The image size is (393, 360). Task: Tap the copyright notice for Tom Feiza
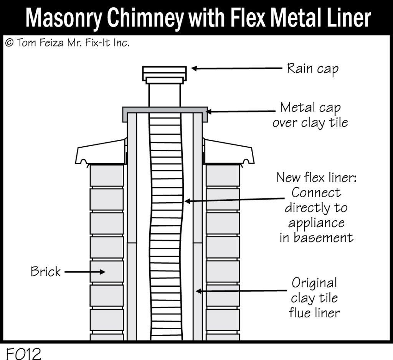[x=67, y=43]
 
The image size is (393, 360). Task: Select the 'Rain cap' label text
[x=313, y=69]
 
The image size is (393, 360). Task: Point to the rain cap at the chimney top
[x=165, y=73]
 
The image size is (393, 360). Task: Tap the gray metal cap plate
[x=165, y=110]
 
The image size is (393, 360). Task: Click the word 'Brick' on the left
[x=46, y=272]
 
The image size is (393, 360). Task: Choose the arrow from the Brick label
[x=84, y=272]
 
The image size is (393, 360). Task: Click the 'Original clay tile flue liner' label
[x=314, y=298]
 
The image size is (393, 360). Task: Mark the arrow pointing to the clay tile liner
[x=242, y=291]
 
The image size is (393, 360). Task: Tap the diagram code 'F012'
[x=23, y=353]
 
